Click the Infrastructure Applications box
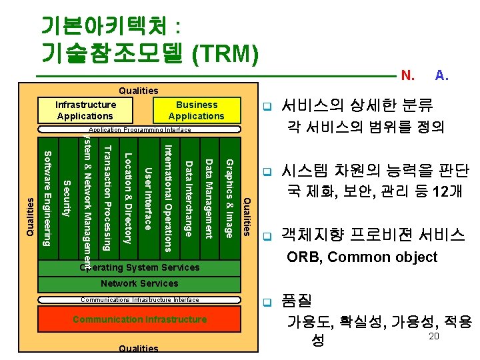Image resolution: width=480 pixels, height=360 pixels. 85,110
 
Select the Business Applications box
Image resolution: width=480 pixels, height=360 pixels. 196,110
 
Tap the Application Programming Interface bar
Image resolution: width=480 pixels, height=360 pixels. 139,130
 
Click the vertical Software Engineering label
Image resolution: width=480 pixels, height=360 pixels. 47,198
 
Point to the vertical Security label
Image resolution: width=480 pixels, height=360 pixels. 67,198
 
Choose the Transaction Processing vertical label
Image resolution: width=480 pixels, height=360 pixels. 107,198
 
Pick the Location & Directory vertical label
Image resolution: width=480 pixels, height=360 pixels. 128,198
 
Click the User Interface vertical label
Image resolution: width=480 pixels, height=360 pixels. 149,198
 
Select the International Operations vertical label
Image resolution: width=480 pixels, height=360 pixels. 169,198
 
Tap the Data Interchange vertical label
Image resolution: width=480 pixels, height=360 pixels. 189,198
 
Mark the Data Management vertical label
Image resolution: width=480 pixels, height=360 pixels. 209,198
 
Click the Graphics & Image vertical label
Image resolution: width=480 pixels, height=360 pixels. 229,198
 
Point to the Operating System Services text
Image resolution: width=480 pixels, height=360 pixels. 139,267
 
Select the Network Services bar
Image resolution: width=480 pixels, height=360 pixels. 139,284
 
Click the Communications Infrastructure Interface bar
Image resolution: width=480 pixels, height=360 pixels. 139,300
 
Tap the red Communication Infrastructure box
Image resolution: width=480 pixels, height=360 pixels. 139,319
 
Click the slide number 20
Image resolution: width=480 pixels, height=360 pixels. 433,337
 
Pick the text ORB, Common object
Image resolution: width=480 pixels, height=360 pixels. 361,257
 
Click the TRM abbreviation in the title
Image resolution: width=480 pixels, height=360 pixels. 225,51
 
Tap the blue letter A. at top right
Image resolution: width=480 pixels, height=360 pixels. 441,75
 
